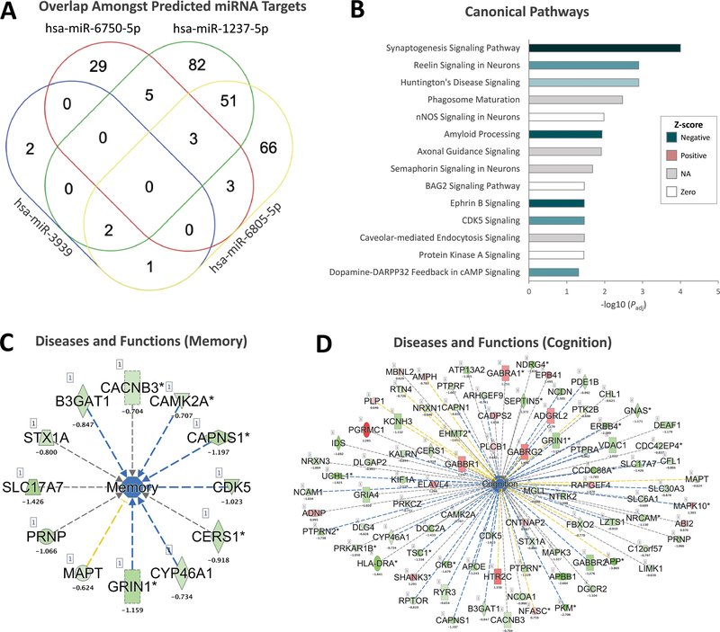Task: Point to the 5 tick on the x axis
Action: coord(717,291)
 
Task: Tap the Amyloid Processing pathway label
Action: coord(482,134)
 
